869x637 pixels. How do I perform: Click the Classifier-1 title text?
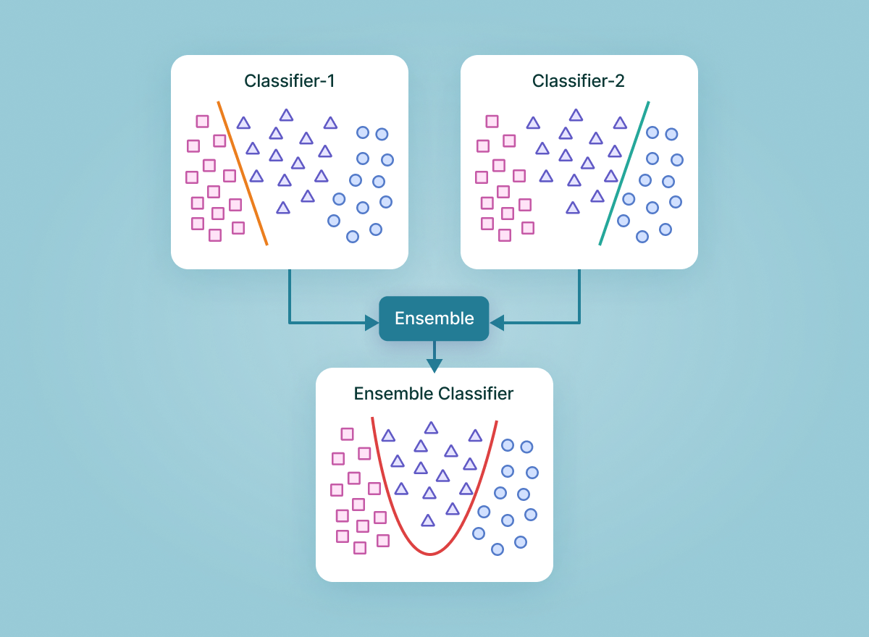tap(289, 80)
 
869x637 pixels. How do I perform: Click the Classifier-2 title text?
tap(579, 80)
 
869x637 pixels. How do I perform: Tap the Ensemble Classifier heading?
tap(434, 394)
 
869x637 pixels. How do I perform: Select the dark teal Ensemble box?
tap(434, 318)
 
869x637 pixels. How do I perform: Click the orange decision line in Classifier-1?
tap(243, 174)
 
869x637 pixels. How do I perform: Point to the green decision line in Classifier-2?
tap(624, 174)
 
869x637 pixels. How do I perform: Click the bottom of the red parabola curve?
tap(430, 554)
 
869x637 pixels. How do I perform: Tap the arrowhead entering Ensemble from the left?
tap(372, 321)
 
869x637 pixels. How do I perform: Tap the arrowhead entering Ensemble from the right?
tap(496, 321)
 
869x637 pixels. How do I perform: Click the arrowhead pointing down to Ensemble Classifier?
tap(434, 366)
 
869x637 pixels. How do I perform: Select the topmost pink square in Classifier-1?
tap(203, 122)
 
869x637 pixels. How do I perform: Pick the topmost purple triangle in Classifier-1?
tap(286, 115)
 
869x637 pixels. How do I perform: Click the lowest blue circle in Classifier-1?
tap(353, 236)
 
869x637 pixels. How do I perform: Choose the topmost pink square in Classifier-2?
tap(492, 122)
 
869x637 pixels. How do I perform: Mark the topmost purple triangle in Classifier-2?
tap(576, 115)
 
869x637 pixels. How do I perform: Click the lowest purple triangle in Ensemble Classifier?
tap(428, 520)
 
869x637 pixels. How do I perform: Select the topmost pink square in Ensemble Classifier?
tap(348, 434)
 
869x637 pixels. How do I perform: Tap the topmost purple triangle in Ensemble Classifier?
tap(431, 428)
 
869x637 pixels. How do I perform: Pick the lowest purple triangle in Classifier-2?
tap(573, 208)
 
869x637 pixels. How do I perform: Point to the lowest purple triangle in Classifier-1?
tap(283, 208)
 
